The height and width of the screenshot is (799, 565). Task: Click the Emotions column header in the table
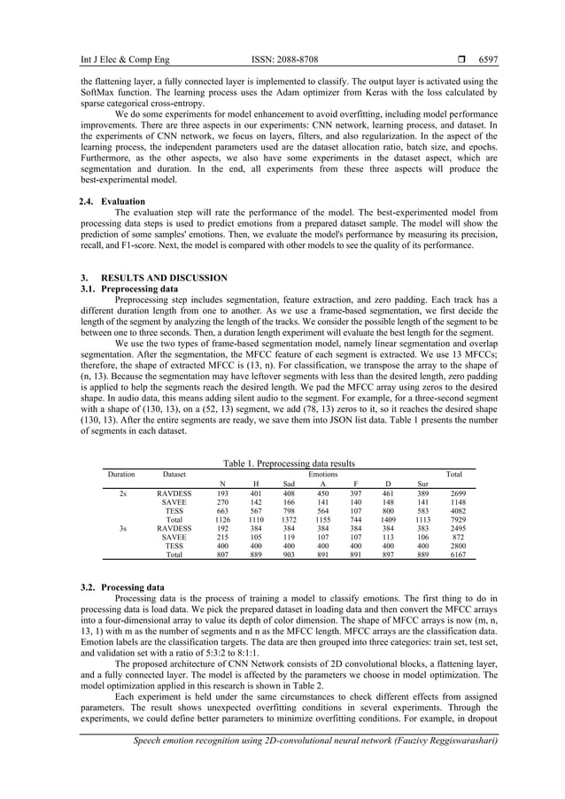click(322, 474)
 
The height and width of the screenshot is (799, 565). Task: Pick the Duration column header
click(121, 474)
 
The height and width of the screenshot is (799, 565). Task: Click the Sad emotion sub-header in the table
click(288, 485)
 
